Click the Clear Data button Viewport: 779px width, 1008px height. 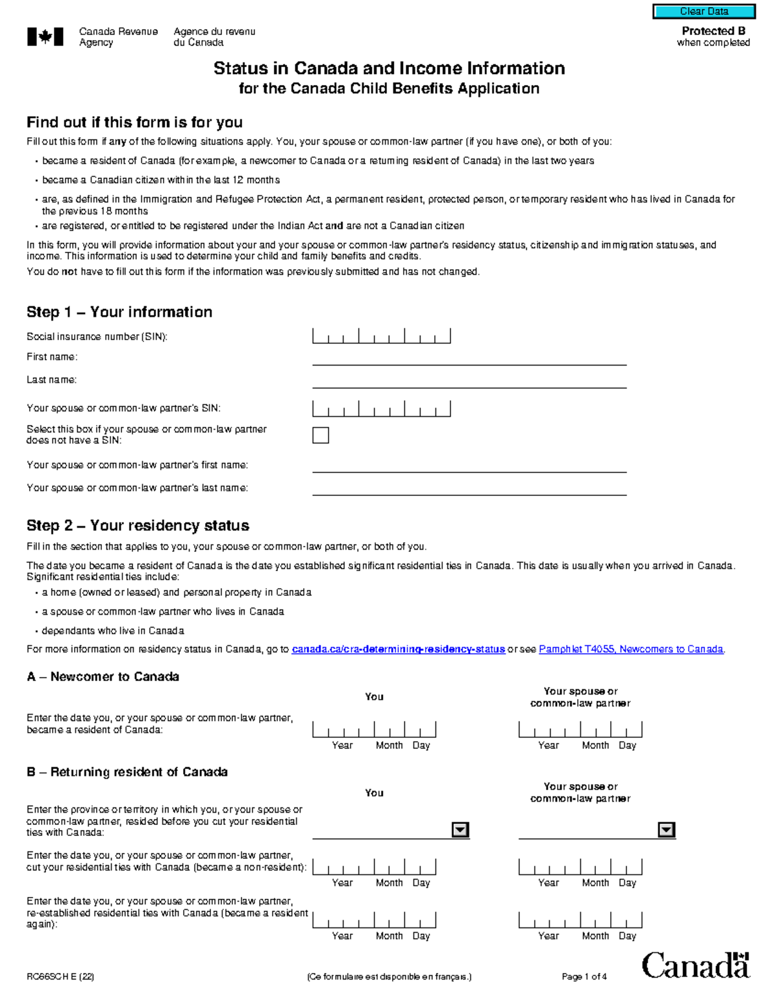click(x=704, y=12)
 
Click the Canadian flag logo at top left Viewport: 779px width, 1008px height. click(x=45, y=37)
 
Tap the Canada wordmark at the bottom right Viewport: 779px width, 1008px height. click(x=695, y=966)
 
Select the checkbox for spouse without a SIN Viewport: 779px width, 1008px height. click(x=321, y=435)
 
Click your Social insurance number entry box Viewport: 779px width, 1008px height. click(x=381, y=336)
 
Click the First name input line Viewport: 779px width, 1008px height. click(x=469, y=358)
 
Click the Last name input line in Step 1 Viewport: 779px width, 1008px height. click(x=469, y=381)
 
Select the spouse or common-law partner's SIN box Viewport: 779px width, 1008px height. click(x=381, y=408)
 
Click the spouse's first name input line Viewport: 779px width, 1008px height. click(x=469, y=465)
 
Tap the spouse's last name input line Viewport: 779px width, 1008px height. click(x=469, y=488)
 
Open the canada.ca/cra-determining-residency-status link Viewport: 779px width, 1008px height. click(x=398, y=649)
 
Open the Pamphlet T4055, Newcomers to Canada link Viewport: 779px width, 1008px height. click(x=631, y=649)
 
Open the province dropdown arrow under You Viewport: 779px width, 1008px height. click(x=460, y=830)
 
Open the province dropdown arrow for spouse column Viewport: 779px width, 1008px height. click(x=666, y=830)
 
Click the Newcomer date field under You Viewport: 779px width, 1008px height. click(x=374, y=730)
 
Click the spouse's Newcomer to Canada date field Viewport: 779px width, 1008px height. click(x=580, y=730)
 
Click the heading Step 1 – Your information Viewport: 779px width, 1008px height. click(x=119, y=312)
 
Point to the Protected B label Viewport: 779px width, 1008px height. click(x=713, y=31)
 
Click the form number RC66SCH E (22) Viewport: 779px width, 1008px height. click(x=60, y=976)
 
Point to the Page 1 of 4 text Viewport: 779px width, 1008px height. click(x=584, y=976)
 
